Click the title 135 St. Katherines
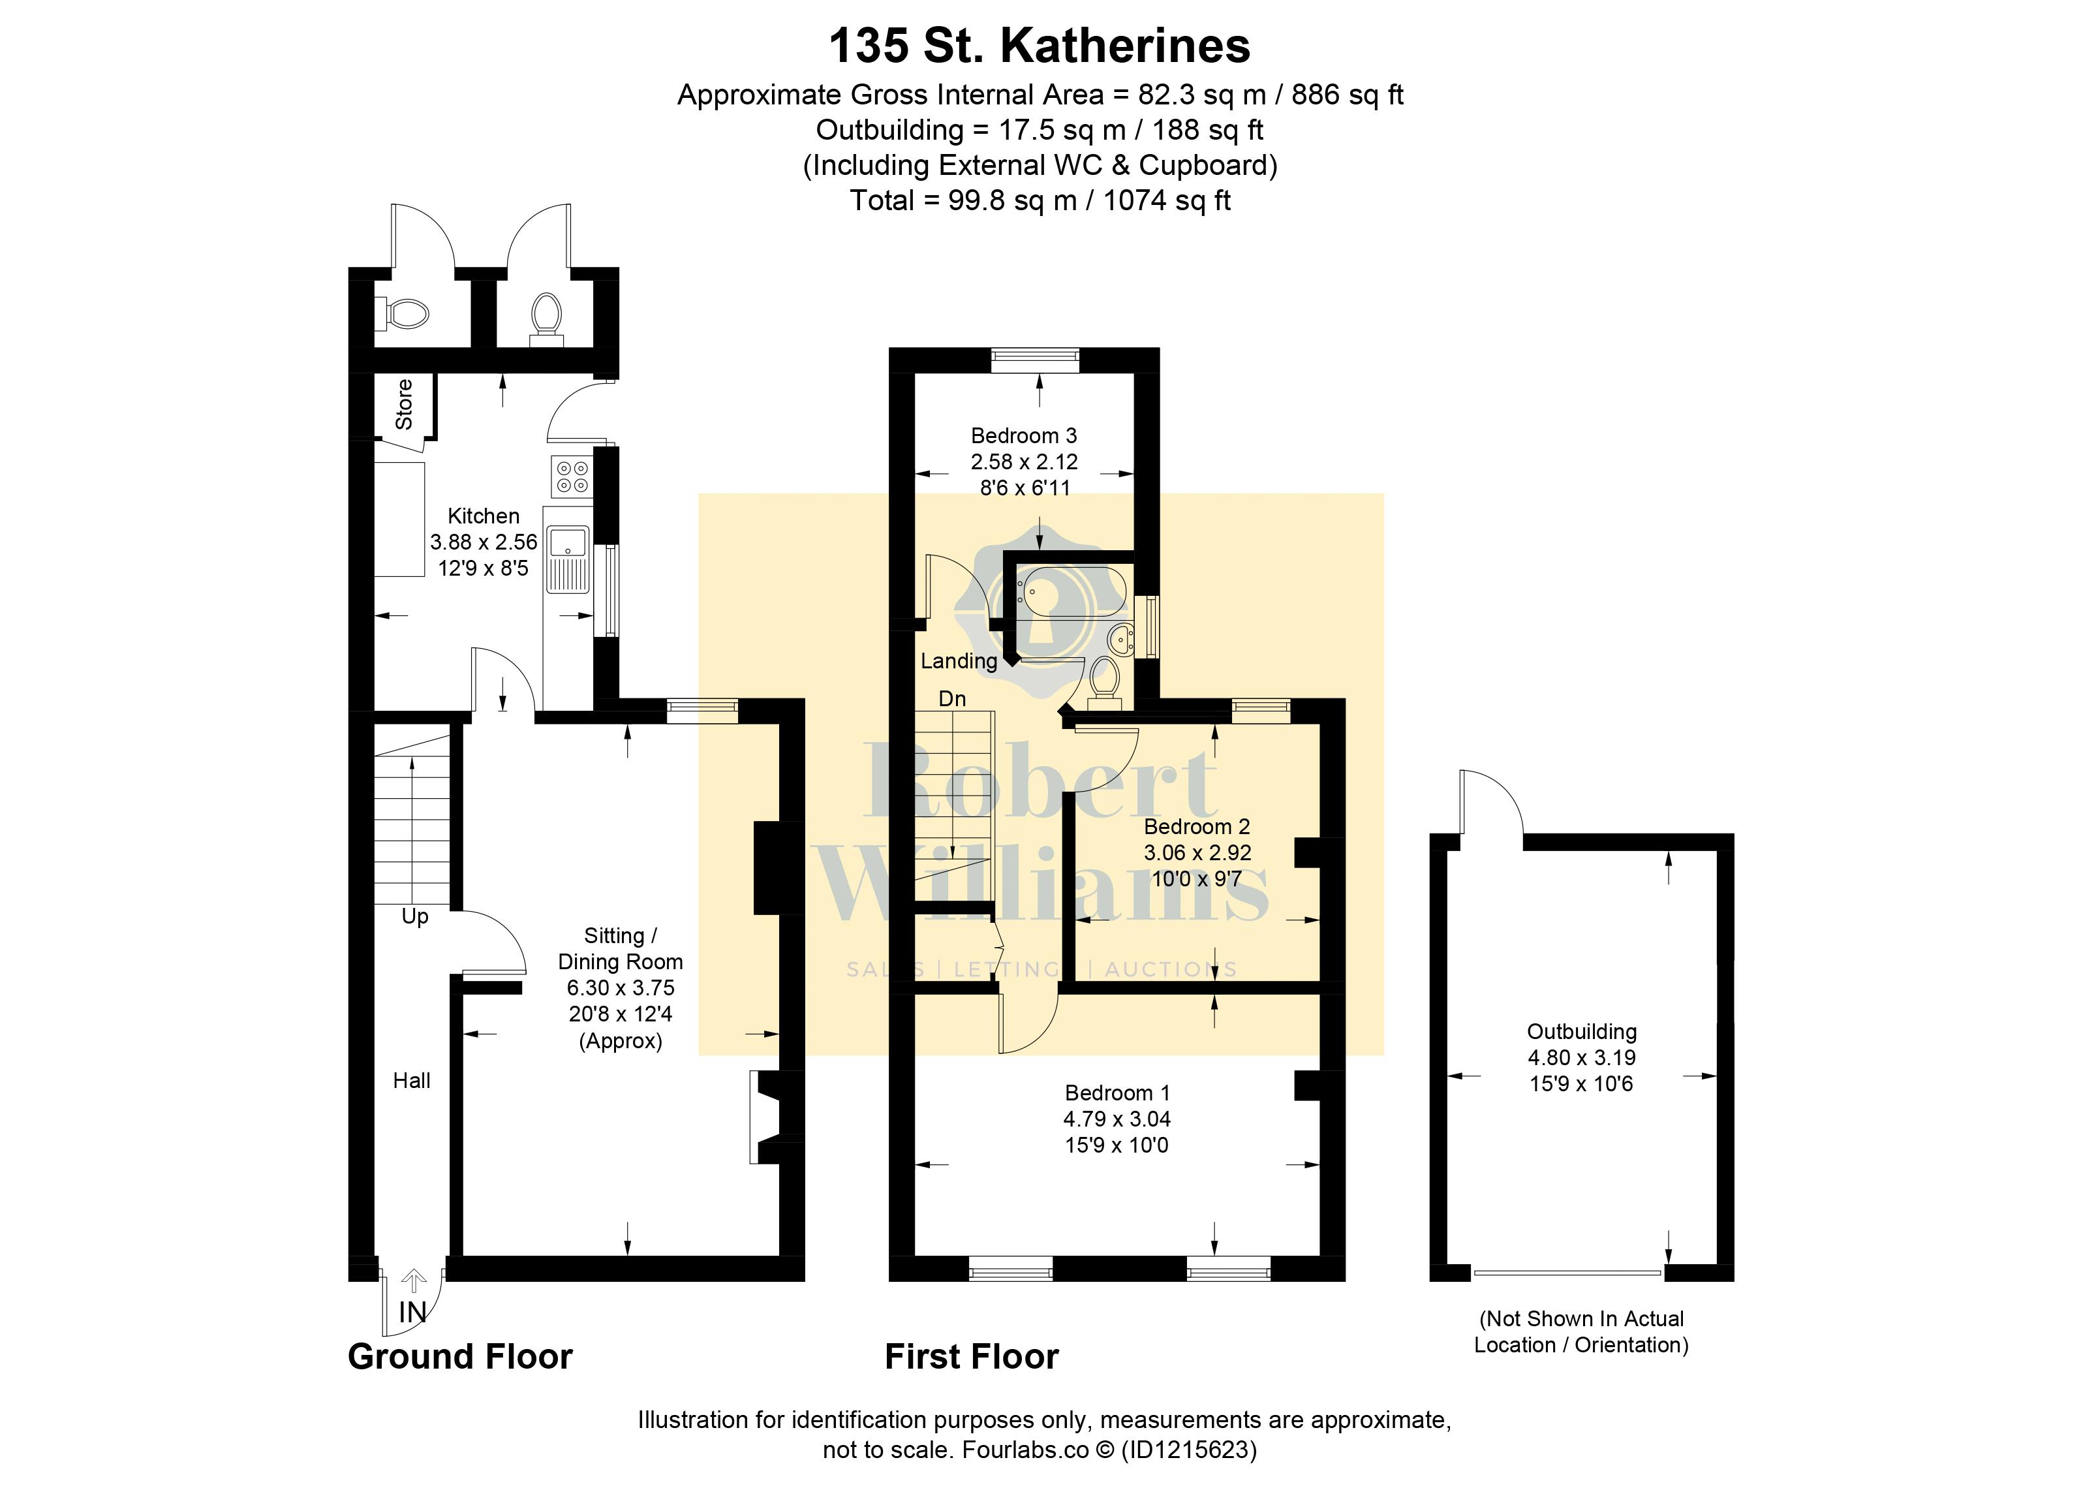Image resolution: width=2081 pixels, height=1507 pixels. tap(1040, 46)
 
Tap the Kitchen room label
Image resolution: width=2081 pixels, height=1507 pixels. tap(484, 516)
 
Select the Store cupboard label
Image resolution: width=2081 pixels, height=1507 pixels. tap(404, 404)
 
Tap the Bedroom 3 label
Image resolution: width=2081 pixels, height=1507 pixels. tap(1024, 435)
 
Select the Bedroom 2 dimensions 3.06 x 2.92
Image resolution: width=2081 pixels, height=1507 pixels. tap(1197, 852)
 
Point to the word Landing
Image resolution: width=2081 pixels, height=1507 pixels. tap(959, 660)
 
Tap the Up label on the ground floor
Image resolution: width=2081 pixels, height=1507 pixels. tap(415, 917)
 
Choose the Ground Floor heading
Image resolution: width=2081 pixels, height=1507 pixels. tap(461, 1356)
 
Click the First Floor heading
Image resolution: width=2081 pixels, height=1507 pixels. tap(972, 1356)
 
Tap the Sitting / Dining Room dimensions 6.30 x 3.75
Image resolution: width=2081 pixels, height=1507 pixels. tap(621, 987)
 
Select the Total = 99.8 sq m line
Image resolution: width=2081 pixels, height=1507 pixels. tap(1040, 200)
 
